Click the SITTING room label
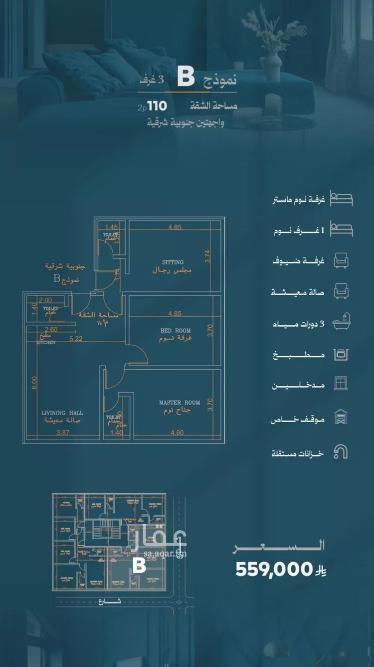[x=173, y=262]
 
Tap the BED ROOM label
[x=176, y=331]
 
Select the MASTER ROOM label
[x=180, y=402]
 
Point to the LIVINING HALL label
[x=62, y=413]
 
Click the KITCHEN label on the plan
[x=45, y=343]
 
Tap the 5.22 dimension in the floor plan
[x=76, y=338]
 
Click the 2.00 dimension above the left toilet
[x=45, y=300]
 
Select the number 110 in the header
[x=157, y=106]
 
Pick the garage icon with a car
[x=341, y=416]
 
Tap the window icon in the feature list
[x=341, y=384]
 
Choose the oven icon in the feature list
[x=341, y=355]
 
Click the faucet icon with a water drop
[x=341, y=452]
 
